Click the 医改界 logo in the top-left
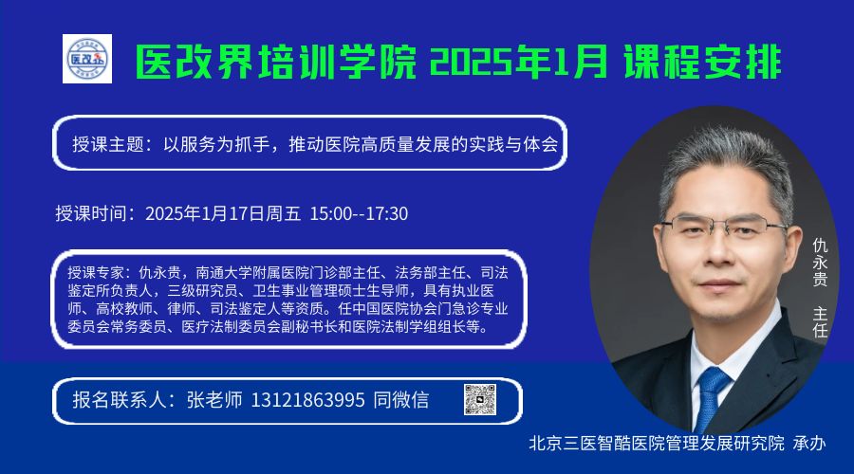coord(87,59)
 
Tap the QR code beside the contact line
coord(480,399)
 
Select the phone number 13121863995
coord(307,401)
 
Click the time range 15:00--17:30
coord(359,214)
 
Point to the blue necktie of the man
coord(711,397)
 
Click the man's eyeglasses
coord(724,226)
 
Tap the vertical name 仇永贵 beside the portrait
coord(820,263)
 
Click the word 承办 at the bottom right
coord(809,444)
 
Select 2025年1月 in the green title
coord(518,62)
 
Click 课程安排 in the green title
coord(702,62)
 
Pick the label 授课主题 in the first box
coord(108,144)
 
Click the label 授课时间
coord(90,214)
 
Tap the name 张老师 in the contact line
coord(214,401)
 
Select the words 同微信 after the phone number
coord(400,401)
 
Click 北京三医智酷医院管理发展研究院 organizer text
coord(657,444)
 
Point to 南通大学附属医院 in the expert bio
coord(252,273)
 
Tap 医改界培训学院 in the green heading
coord(275,62)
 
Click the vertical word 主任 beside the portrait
coord(820,321)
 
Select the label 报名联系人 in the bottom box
coord(120,401)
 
